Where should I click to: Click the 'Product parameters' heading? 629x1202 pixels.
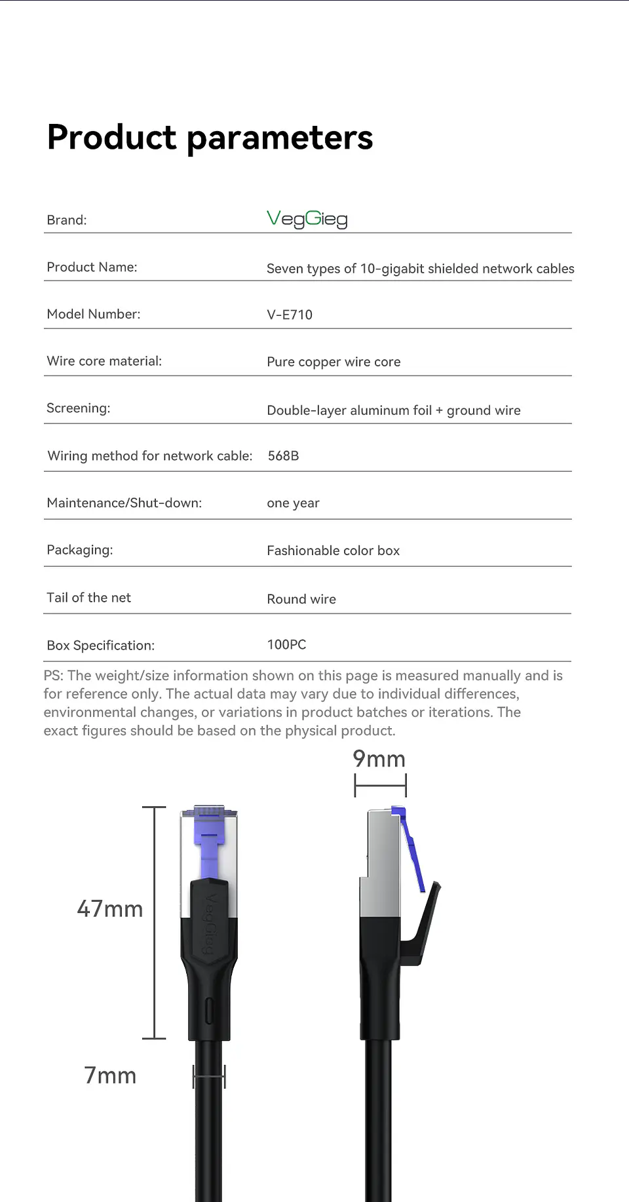pos(210,138)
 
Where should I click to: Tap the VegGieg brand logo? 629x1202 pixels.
pos(307,219)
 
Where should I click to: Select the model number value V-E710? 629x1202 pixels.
pos(290,315)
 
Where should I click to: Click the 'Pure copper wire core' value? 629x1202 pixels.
pos(334,362)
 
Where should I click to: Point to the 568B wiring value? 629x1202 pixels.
pos(283,456)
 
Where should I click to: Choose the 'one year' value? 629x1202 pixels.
pos(293,503)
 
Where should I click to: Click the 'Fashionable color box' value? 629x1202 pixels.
pos(333,551)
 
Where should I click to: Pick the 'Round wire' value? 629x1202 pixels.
pos(301,599)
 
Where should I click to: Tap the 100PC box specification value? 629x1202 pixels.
pos(286,645)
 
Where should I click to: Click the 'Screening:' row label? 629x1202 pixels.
pos(79,408)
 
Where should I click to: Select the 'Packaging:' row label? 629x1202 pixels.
pos(80,550)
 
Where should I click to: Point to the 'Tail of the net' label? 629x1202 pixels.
pos(89,598)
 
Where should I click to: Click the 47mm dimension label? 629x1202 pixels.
pos(110,909)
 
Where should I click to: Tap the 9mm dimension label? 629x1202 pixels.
pos(379,759)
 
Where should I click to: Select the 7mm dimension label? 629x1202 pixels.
pos(110,1076)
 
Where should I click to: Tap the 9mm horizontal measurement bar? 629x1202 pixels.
pos(380,785)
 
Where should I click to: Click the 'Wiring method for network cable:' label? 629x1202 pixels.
pos(150,456)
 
